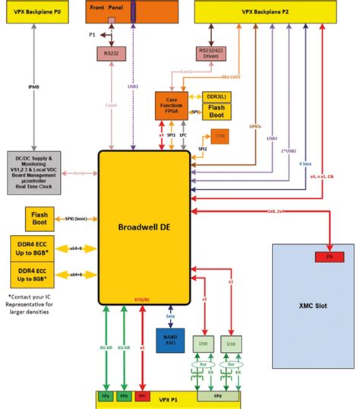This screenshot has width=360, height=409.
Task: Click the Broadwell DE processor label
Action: (144, 227)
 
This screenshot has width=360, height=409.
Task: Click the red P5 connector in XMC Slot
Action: (327, 257)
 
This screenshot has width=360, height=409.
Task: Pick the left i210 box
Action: (202, 344)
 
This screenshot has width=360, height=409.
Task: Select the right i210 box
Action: (231, 344)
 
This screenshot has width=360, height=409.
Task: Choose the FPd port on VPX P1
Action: (216, 396)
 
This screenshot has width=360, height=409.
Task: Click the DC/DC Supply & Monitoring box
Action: (43, 173)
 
